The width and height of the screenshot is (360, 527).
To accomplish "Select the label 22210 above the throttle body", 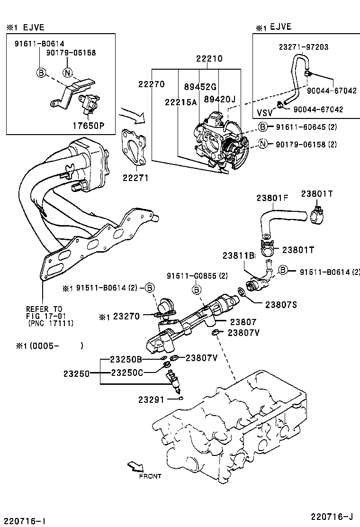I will (x=209, y=59).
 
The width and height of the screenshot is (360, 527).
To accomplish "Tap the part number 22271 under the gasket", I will (x=135, y=178).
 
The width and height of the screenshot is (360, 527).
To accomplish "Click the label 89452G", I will (x=200, y=86).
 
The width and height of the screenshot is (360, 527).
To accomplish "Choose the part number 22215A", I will (x=180, y=102).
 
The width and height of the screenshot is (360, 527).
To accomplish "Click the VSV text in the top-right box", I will (x=265, y=113).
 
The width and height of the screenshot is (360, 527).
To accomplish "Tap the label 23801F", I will (x=272, y=199).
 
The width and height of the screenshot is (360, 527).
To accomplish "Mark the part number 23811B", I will (x=239, y=256).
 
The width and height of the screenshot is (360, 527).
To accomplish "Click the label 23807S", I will (x=281, y=305).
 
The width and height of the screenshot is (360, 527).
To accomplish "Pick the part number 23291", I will (x=151, y=400).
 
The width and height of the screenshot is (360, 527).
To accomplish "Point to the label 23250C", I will (x=126, y=373).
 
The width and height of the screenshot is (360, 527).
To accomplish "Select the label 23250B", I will (x=126, y=359).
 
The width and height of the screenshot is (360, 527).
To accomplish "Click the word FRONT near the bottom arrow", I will (x=150, y=476).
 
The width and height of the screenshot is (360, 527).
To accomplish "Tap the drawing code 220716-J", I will (x=332, y=516).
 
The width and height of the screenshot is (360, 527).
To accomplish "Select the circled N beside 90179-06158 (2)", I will (x=263, y=144).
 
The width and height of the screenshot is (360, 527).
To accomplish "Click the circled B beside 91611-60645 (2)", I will (x=263, y=127).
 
